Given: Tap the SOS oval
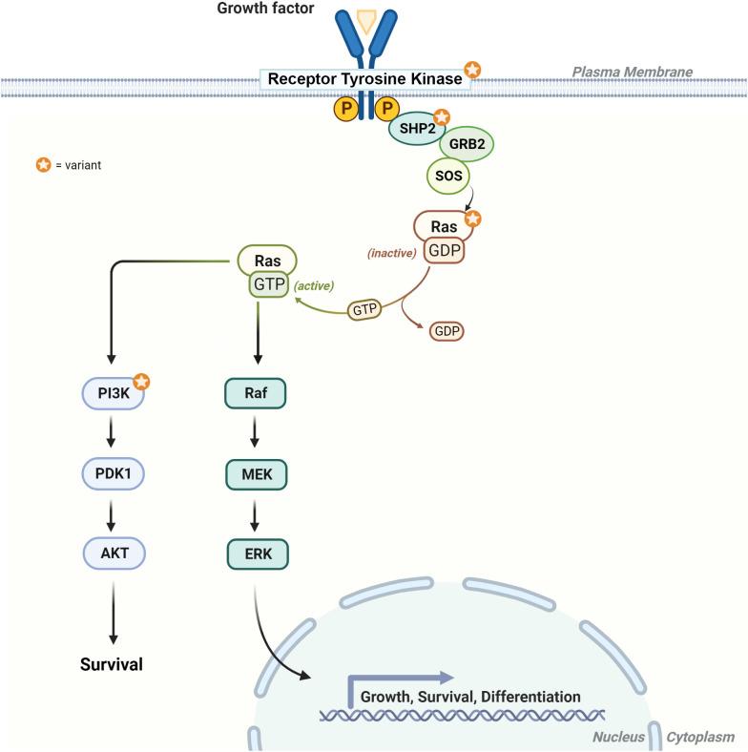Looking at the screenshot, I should click(446, 176).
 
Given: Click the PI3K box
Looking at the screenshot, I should click(111, 393).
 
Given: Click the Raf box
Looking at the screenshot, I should click(255, 393).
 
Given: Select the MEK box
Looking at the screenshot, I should click(255, 472).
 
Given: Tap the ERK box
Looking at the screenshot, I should click(255, 553).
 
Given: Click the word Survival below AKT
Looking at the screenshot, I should click(112, 663).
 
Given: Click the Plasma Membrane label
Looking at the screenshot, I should click(632, 72).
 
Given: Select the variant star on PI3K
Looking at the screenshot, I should click(140, 383).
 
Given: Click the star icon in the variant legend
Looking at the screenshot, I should click(42, 165).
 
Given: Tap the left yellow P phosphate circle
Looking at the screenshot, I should click(344, 110).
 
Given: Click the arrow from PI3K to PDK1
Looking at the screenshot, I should click(112, 432).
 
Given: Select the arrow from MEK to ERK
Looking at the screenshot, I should click(255, 512).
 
